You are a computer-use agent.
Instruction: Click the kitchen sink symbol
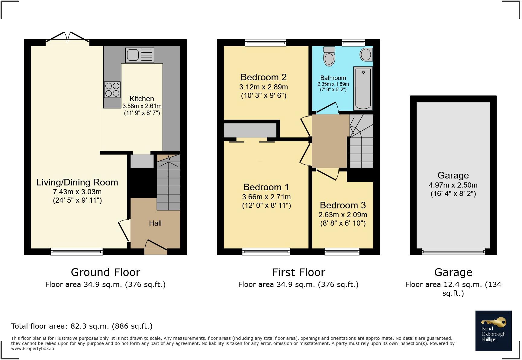(x=140, y=55)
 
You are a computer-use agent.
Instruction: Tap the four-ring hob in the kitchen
(x=112, y=90)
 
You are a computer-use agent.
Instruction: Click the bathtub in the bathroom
(x=363, y=88)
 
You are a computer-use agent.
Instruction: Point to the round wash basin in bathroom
(x=366, y=55)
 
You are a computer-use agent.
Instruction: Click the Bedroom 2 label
(x=263, y=77)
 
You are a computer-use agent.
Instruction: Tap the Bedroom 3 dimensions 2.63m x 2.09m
(x=343, y=215)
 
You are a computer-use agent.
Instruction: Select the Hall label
(x=155, y=223)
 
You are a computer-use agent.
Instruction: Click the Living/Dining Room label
(x=77, y=182)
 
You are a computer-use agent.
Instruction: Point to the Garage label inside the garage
(x=453, y=175)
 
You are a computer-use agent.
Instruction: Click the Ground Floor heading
(x=105, y=272)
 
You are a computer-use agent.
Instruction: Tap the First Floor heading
(x=298, y=272)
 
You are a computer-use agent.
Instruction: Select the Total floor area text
(x=82, y=326)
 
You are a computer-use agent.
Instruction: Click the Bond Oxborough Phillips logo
(x=493, y=331)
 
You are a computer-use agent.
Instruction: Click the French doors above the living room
(x=67, y=38)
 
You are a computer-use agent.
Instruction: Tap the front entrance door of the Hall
(x=156, y=246)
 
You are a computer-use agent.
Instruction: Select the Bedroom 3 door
(x=327, y=174)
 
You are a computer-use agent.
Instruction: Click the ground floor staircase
(x=169, y=184)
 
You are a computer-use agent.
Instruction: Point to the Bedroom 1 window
(x=266, y=251)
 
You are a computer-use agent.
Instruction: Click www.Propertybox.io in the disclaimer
(x=33, y=348)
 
